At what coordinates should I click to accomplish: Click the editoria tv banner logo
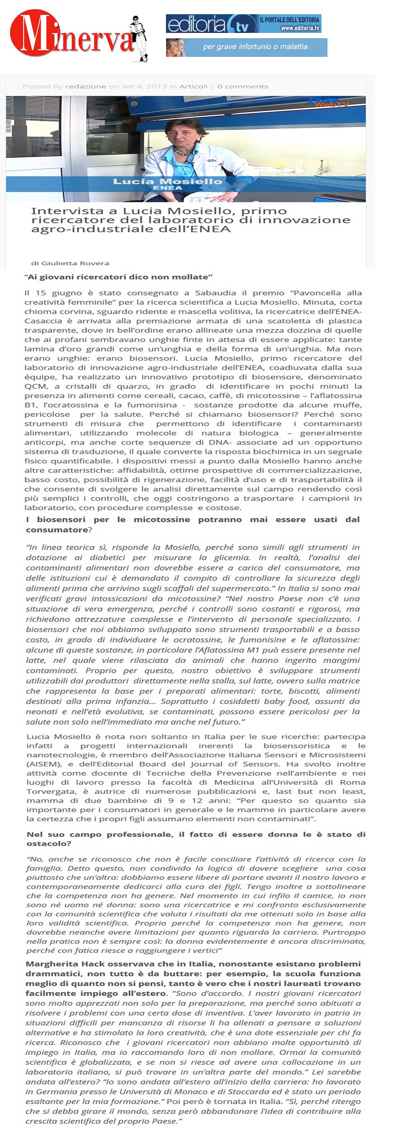[212, 24]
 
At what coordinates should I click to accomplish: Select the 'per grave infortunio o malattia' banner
[247, 47]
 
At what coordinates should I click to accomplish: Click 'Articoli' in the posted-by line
[193, 86]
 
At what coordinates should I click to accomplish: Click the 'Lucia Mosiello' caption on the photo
[167, 181]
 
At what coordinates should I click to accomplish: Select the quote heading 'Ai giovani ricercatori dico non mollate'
[119, 277]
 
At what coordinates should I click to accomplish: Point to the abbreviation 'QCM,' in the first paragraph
[36, 386]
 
